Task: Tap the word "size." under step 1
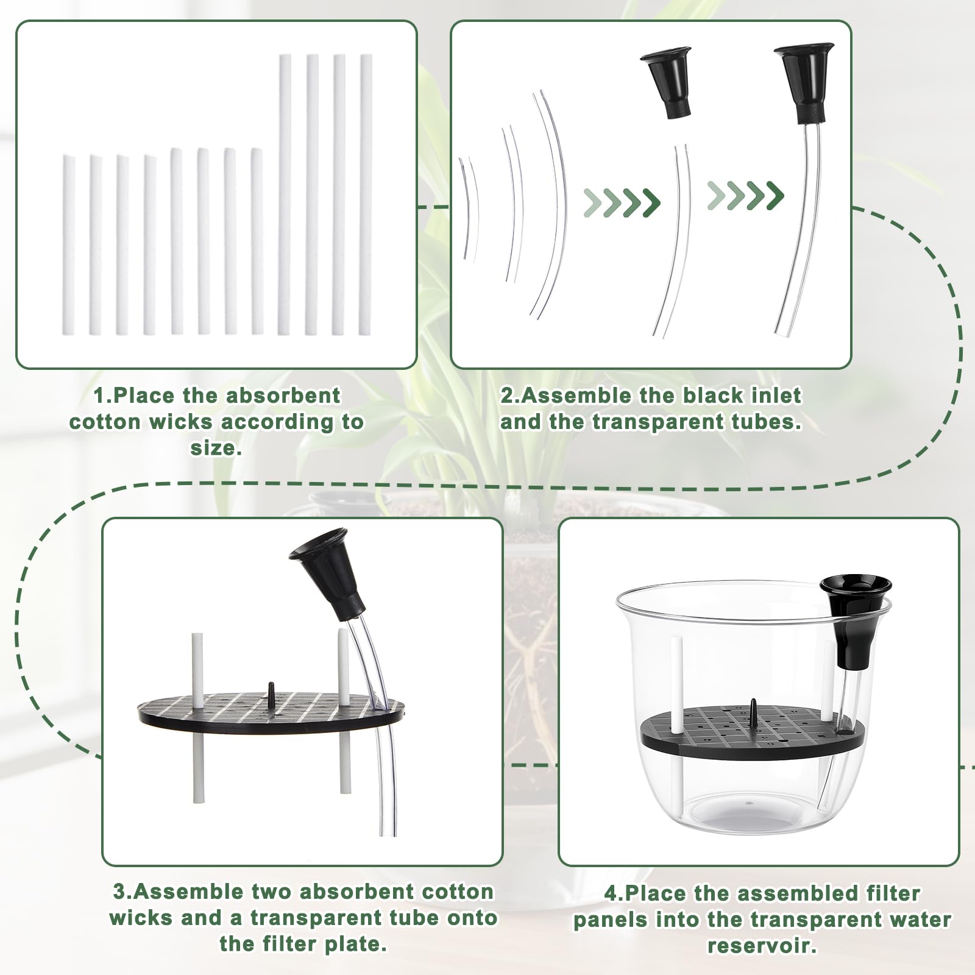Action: tap(216, 448)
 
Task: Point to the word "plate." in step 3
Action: tap(358, 944)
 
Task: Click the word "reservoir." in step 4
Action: tap(762, 946)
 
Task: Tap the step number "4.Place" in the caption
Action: tap(646, 893)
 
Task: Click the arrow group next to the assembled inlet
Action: tap(746, 196)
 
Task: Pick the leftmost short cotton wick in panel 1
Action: tap(68, 244)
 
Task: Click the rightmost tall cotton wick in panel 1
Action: tap(366, 194)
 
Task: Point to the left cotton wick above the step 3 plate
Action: tap(197, 670)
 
